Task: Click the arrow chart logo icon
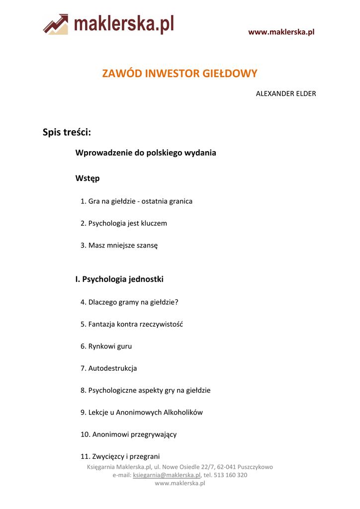55,24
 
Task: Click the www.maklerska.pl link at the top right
281,32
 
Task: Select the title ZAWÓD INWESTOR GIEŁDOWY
180,74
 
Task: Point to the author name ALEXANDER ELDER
286,93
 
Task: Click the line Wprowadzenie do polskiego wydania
146,153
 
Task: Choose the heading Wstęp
88,178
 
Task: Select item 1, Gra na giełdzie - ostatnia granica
136,201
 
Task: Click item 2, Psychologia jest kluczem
124,223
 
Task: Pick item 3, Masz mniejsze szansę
119,245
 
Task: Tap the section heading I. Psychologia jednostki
119,279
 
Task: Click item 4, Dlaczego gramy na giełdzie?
129,302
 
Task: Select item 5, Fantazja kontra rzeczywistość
132,324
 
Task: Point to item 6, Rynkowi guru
106,346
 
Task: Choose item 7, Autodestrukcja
108,368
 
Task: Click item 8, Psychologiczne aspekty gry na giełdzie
145,390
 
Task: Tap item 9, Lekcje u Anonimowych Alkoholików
142,412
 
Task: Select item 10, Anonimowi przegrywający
128,434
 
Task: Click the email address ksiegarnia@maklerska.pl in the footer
167,475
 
